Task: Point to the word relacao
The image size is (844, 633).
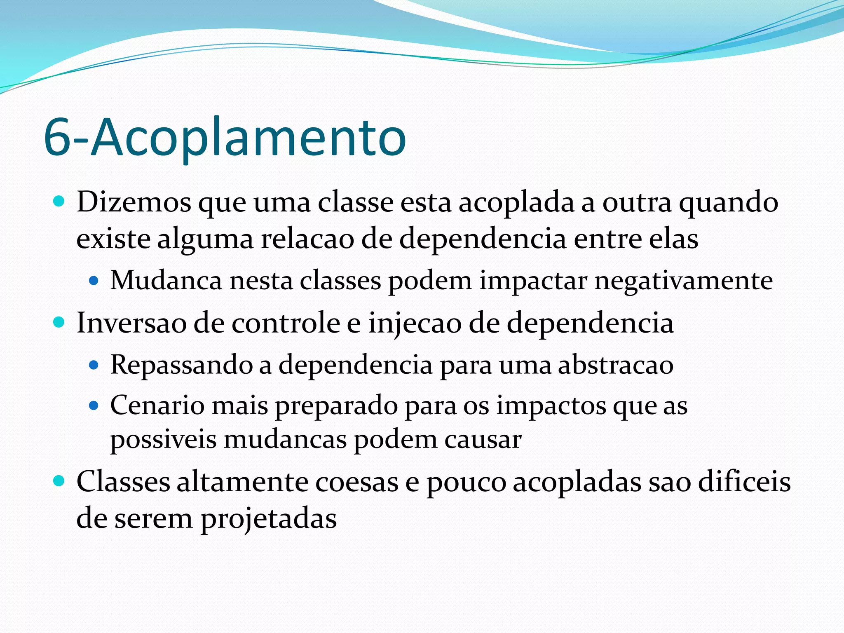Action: pos(307,239)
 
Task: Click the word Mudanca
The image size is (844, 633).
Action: pos(166,281)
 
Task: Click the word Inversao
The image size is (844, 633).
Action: pos(131,323)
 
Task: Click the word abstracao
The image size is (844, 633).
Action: pos(615,365)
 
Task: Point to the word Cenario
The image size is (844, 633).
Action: pos(157,406)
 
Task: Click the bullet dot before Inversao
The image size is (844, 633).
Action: pos(59,322)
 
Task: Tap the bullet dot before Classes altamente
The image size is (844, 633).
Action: pos(59,481)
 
